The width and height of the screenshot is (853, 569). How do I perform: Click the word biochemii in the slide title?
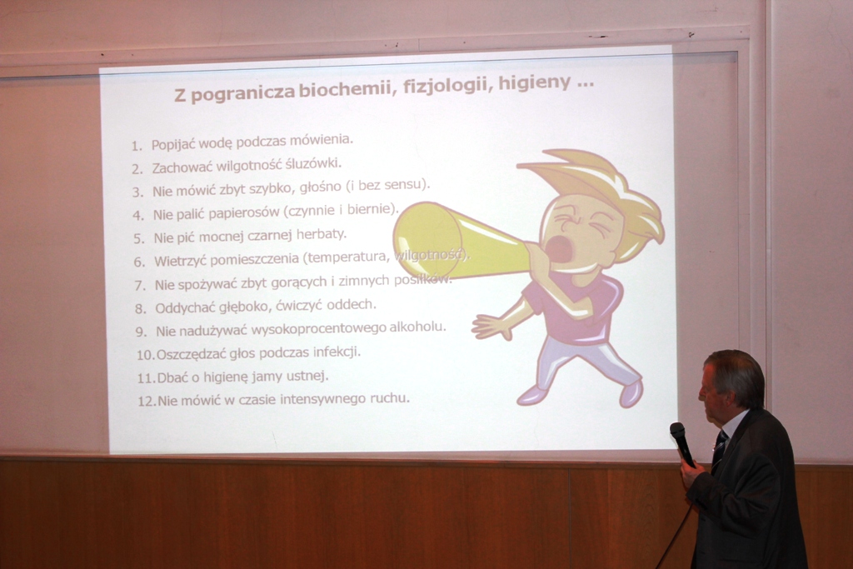coord(344,89)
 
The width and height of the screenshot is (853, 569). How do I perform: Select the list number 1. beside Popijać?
coord(137,146)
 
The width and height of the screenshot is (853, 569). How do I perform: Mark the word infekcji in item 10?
coord(337,352)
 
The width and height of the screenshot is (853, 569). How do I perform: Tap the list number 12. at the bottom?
coord(147,402)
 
